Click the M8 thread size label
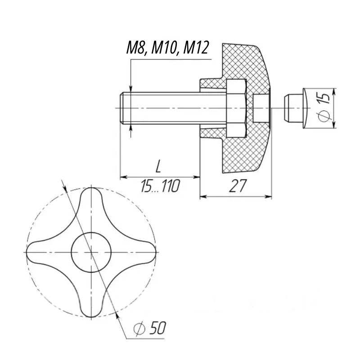(136, 49)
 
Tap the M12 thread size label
(194, 49)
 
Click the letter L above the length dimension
(158, 167)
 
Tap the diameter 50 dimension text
(151, 329)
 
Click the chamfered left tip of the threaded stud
(122, 108)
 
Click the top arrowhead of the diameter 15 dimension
(333, 90)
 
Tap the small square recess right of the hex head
(260, 108)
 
